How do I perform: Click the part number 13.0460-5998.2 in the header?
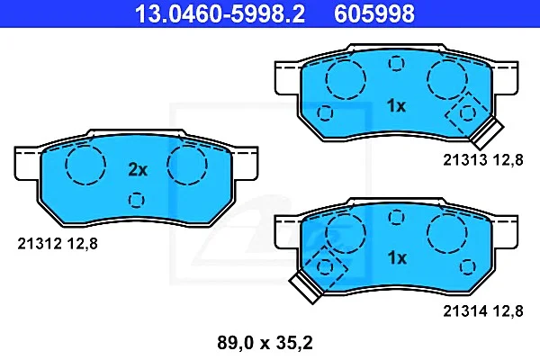point(220,13)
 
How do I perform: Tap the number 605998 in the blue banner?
point(374,13)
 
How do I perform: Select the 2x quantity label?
point(138,169)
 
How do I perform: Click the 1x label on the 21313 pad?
point(397,105)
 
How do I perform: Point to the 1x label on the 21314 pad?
point(397,257)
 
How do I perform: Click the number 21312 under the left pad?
point(40,244)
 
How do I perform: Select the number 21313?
point(465,160)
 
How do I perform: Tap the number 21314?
point(465,311)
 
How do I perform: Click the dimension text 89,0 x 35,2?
point(265,343)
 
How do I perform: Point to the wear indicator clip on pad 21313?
point(487,132)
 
